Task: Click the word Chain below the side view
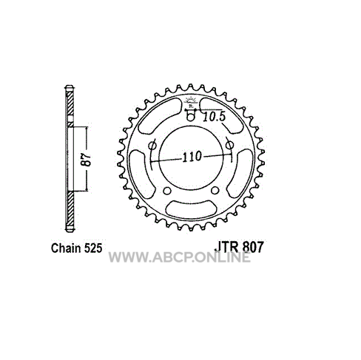[67, 248]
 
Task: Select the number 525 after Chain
[93, 248]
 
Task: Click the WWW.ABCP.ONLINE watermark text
[180, 257]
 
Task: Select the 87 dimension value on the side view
[87, 160]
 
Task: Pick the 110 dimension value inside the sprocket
[192, 157]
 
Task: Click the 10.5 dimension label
[215, 117]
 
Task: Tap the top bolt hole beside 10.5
[190, 117]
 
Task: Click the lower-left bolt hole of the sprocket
[167, 191]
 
